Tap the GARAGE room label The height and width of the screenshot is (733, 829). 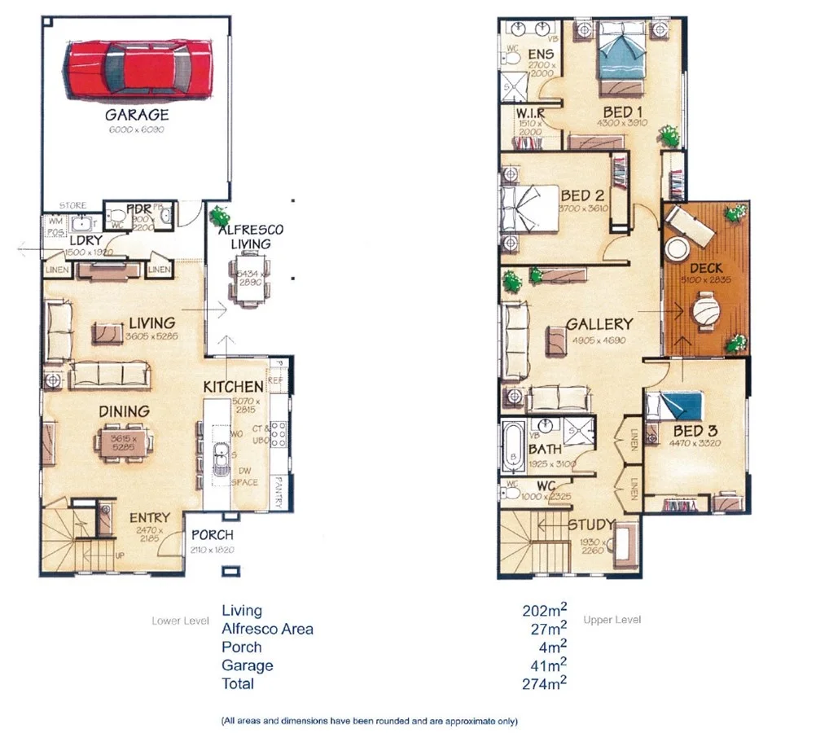pyautogui.click(x=136, y=115)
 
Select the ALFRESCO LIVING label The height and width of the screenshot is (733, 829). pyautogui.click(x=250, y=237)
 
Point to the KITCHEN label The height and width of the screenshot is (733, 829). pyautogui.click(x=233, y=386)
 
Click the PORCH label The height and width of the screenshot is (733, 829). pyautogui.click(x=212, y=535)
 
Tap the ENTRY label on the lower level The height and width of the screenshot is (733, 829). pyautogui.click(x=150, y=517)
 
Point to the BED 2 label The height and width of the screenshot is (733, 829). pyautogui.click(x=582, y=195)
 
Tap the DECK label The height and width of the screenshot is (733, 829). pyautogui.click(x=705, y=268)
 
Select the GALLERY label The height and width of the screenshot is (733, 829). pyautogui.click(x=599, y=323)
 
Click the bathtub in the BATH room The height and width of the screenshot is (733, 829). pyautogui.click(x=513, y=448)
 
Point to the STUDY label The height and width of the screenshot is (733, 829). pyautogui.click(x=592, y=525)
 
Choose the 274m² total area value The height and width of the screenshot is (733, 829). pyautogui.click(x=545, y=683)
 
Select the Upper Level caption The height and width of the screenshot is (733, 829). pyautogui.click(x=612, y=620)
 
